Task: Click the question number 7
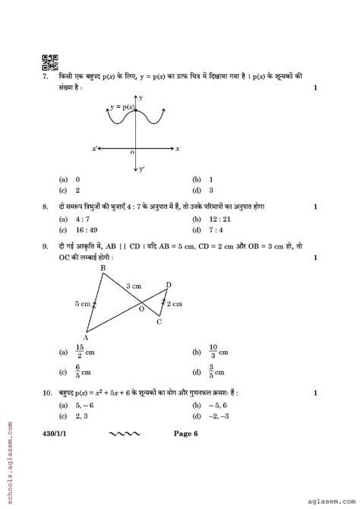46,78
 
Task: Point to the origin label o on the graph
132,152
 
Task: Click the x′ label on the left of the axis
95,149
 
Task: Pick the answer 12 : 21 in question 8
218,218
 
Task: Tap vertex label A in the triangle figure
86,338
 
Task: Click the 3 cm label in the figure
134,286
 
